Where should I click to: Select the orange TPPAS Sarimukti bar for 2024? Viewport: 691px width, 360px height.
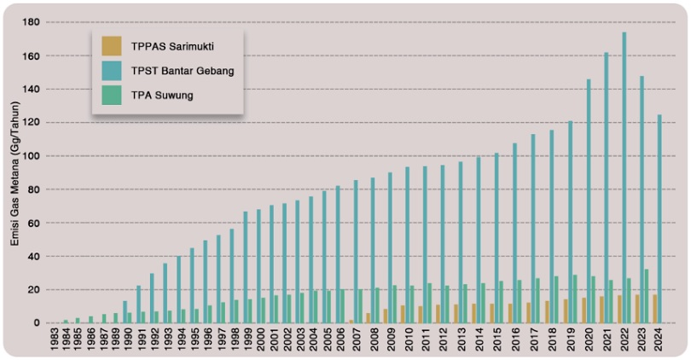pyautogui.click(x=654, y=309)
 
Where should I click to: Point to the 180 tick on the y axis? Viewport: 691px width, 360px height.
pyautogui.click(x=33, y=22)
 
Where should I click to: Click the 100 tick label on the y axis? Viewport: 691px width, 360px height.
pyautogui.click(x=33, y=156)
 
